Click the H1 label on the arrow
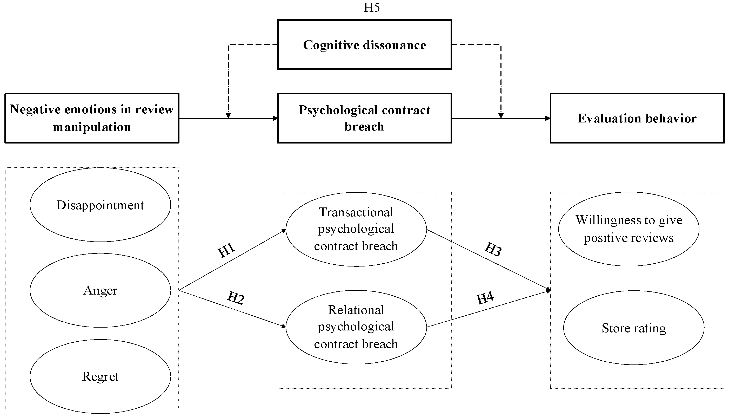(x=226, y=250)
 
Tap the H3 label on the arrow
(x=493, y=249)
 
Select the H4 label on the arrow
(x=485, y=298)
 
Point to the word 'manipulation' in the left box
(x=92, y=127)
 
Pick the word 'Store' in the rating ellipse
(x=616, y=328)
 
